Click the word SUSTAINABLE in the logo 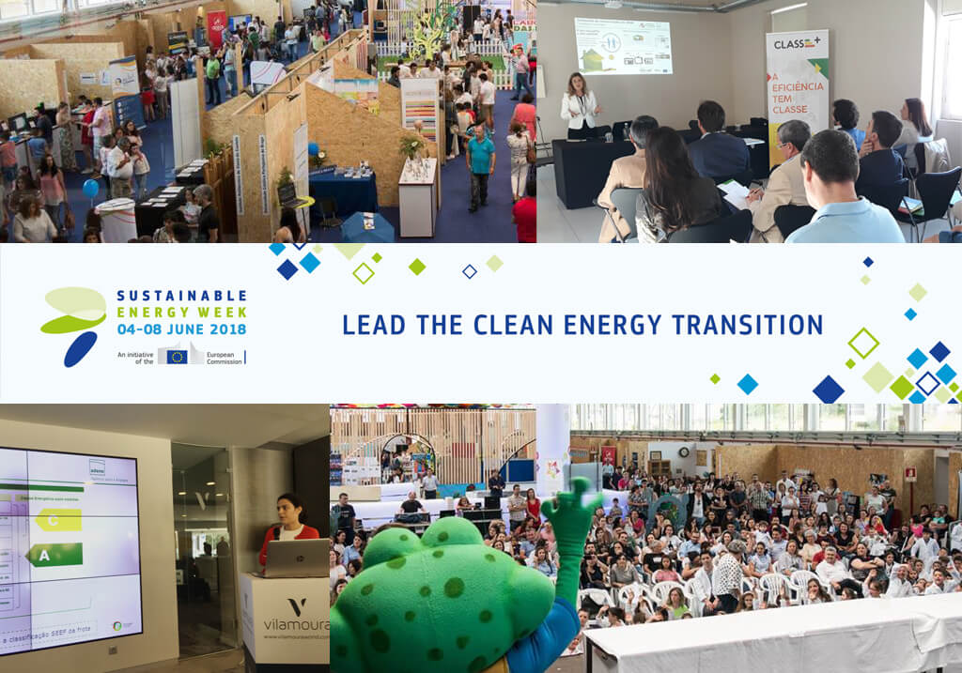181,296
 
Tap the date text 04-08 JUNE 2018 181,329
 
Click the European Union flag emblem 176,357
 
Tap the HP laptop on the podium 297,558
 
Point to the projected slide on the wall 623,46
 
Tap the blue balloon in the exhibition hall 90,188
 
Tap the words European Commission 224,357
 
